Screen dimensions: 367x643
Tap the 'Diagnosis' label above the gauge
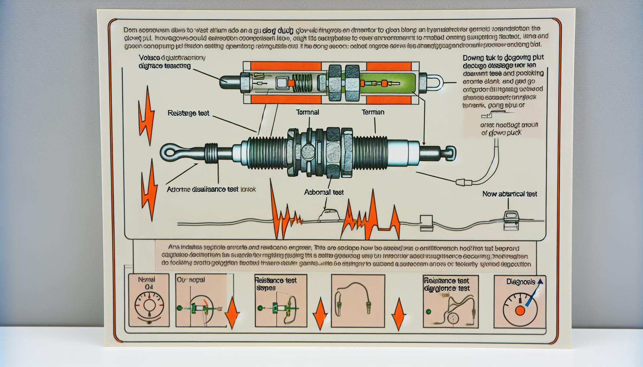click(521, 282)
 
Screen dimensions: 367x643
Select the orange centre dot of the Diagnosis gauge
click(520, 311)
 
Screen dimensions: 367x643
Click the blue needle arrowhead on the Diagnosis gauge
click(540, 282)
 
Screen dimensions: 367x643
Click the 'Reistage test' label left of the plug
click(188, 113)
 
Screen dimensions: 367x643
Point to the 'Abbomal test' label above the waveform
click(324, 192)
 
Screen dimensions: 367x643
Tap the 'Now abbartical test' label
click(510, 194)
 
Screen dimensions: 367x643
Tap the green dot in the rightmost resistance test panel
click(427, 311)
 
